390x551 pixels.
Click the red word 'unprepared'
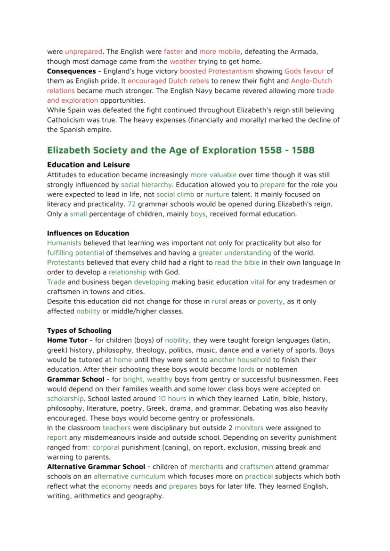83,51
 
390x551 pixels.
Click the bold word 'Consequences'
71,71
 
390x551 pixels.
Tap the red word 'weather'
183,61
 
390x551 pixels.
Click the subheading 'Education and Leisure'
89,165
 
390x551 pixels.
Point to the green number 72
131,204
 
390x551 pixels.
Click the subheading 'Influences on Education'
88,233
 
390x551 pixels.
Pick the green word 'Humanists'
64,243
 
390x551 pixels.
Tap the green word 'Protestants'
66,263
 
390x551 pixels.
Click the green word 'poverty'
270,301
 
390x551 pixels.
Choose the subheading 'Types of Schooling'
79,330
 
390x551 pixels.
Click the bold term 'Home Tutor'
67,340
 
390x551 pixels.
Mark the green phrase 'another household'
240,360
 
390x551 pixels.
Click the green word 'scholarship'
65,398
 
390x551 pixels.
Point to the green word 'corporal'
106,447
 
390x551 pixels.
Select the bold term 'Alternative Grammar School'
96,467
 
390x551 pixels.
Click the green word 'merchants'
206,467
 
